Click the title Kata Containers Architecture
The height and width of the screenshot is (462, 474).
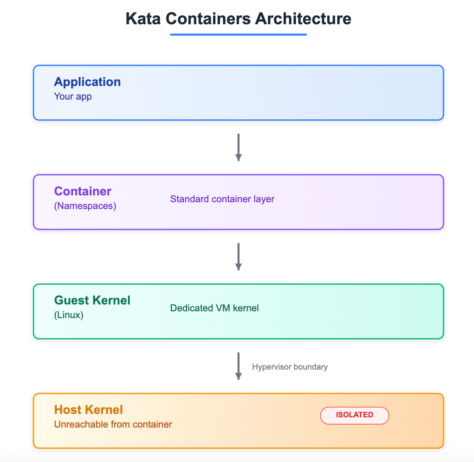(238, 19)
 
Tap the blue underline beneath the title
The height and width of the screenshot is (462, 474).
(238, 34)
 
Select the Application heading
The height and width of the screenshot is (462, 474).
(87, 82)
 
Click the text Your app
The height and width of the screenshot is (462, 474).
(73, 96)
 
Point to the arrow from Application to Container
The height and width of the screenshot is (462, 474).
(238, 147)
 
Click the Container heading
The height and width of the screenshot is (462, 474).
(83, 191)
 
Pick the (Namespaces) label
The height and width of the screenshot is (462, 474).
(85, 206)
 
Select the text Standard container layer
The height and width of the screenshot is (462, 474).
(222, 199)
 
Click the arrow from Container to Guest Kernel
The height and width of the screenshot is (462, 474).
(238, 256)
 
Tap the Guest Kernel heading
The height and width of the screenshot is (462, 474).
(92, 300)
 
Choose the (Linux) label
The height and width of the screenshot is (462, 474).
(69, 315)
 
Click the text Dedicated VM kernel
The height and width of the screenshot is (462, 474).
(214, 308)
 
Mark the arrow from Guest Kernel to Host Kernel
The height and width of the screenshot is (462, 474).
(238, 366)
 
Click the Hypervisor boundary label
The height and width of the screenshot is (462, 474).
(290, 367)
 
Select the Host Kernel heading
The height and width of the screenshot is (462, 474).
(89, 410)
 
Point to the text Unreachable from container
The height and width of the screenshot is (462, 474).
(113, 424)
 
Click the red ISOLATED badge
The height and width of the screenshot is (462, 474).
(354, 415)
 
